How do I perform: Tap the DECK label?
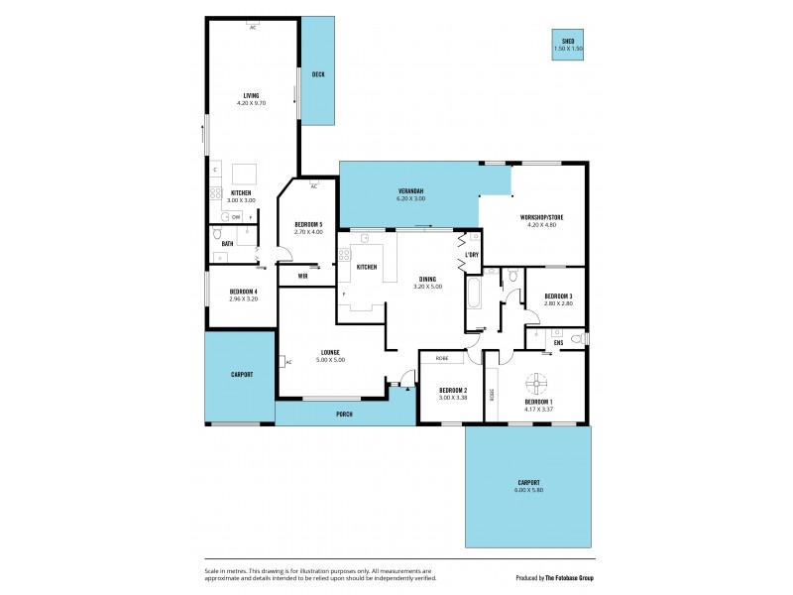[x=318, y=74]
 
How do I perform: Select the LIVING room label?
[x=251, y=95]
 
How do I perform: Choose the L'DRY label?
[x=472, y=255]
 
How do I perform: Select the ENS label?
[x=558, y=343]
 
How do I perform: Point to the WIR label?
[x=301, y=276]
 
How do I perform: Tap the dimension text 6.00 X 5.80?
[x=528, y=490]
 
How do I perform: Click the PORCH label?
[x=344, y=414]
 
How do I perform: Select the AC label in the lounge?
[x=287, y=363]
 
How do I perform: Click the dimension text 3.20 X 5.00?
[x=427, y=288]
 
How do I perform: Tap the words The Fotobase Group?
[x=581, y=577]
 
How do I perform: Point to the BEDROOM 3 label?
[x=556, y=296]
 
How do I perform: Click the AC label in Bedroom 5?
[x=313, y=186]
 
